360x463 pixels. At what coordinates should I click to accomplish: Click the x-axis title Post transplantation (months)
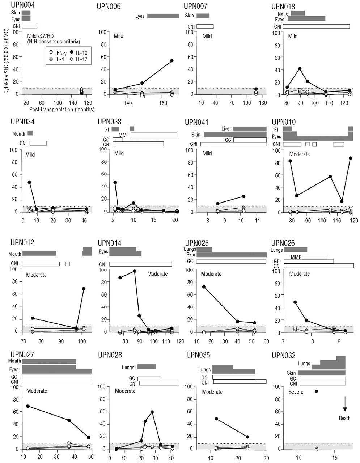coord(62,109)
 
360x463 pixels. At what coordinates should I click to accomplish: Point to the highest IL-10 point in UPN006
coord(171,61)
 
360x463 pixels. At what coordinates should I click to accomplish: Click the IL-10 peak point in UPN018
coord(300,69)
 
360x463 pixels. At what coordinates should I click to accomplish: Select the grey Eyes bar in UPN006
coord(163,16)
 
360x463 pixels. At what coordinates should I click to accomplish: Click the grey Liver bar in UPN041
coord(250,129)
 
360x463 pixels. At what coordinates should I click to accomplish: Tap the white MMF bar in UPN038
coord(154,135)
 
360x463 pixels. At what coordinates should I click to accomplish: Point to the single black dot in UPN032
coord(317,391)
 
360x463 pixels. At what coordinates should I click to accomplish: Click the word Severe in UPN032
coord(296,392)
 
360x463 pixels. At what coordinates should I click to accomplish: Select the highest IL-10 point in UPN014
coord(135,271)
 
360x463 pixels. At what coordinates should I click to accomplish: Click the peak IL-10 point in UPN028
coord(152,412)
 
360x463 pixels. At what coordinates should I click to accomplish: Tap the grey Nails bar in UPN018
coord(298,13)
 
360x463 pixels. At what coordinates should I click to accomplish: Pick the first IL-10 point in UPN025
coord(204,287)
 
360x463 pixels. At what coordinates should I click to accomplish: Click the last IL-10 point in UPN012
coord(84,289)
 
